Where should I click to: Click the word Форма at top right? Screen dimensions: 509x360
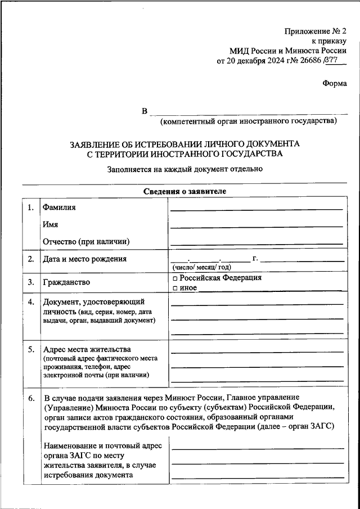pyautogui.click(x=335, y=83)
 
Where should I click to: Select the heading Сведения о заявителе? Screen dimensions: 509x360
pyautogui.click(x=184, y=191)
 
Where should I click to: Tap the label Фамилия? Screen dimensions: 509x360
pyautogui.click(x=59, y=208)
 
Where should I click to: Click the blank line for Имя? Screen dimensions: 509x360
pyautogui.click(x=256, y=227)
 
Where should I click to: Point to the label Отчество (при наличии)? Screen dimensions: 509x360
pyautogui.click(x=86, y=241)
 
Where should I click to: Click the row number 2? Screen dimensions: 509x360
pyautogui.click(x=30, y=259)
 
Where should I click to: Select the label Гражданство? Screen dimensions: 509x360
pyautogui.click(x=66, y=282)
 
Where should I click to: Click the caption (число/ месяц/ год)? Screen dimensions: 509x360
pyautogui.click(x=201, y=267)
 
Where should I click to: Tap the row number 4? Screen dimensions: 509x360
pyautogui.click(x=30, y=302)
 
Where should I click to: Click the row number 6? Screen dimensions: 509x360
pyautogui.click(x=30, y=398)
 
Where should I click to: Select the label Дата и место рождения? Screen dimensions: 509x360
pyautogui.click(x=84, y=259)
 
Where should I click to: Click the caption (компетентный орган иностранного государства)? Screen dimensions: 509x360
pyautogui.click(x=248, y=120)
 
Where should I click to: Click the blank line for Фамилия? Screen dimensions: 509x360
pyautogui.click(x=256, y=209)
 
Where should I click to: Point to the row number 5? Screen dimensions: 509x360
pyautogui.click(x=30, y=349)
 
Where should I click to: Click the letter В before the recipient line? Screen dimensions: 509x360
pyautogui.click(x=145, y=111)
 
